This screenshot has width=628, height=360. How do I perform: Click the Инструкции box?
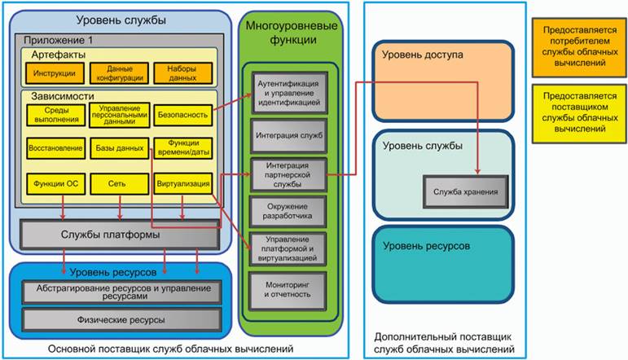pyautogui.click(x=55, y=72)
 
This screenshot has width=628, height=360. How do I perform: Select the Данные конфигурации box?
pyautogui.click(x=120, y=72)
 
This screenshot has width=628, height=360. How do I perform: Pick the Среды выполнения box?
pyautogui.click(x=55, y=115)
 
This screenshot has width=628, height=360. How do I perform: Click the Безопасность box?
pyautogui.click(x=182, y=115)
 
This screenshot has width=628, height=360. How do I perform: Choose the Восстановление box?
pyautogui.click(x=55, y=150)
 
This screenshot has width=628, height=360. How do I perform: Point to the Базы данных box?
pyautogui.click(x=120, y=150)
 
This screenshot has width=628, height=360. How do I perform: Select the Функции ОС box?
pyautogui.click(x=55, y=184)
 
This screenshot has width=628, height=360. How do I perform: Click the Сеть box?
pyautogui.click(x=120, y=184)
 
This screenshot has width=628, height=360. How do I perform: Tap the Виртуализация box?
pyautogui.click(x=182, y=184)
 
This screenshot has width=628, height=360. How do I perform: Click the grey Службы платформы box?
pyautogui.click(x=120, y=235)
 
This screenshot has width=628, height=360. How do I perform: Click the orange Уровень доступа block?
pyautogui.click(x=443, y=79)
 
